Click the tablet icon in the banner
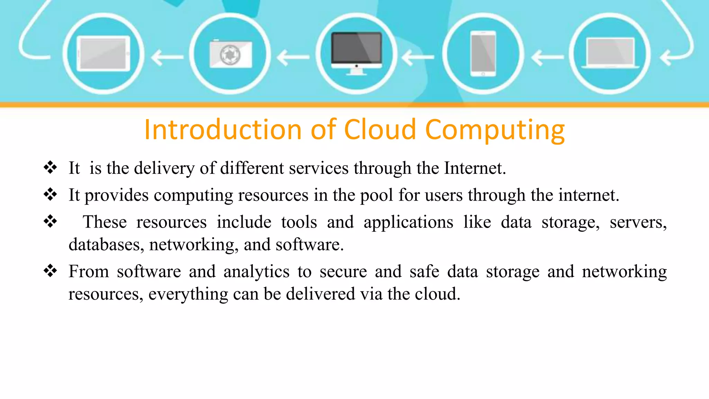(x=103, y=54)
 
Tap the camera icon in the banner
(x=231, y=54)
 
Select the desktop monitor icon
(x=357, y=52)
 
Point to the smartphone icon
(x=483, y=54)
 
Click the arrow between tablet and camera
(x=167, y=57)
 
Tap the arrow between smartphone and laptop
(x=547, y=57)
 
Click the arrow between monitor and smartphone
(x=418, y=57)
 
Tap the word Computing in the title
(x=495, y=130)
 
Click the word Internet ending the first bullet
(x=475, y=168)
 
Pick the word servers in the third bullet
(x=638, y=222)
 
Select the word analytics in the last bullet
(x=256, y=272)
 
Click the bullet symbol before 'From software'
(x=51, y=270)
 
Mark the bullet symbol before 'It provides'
(x=51, y=194)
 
